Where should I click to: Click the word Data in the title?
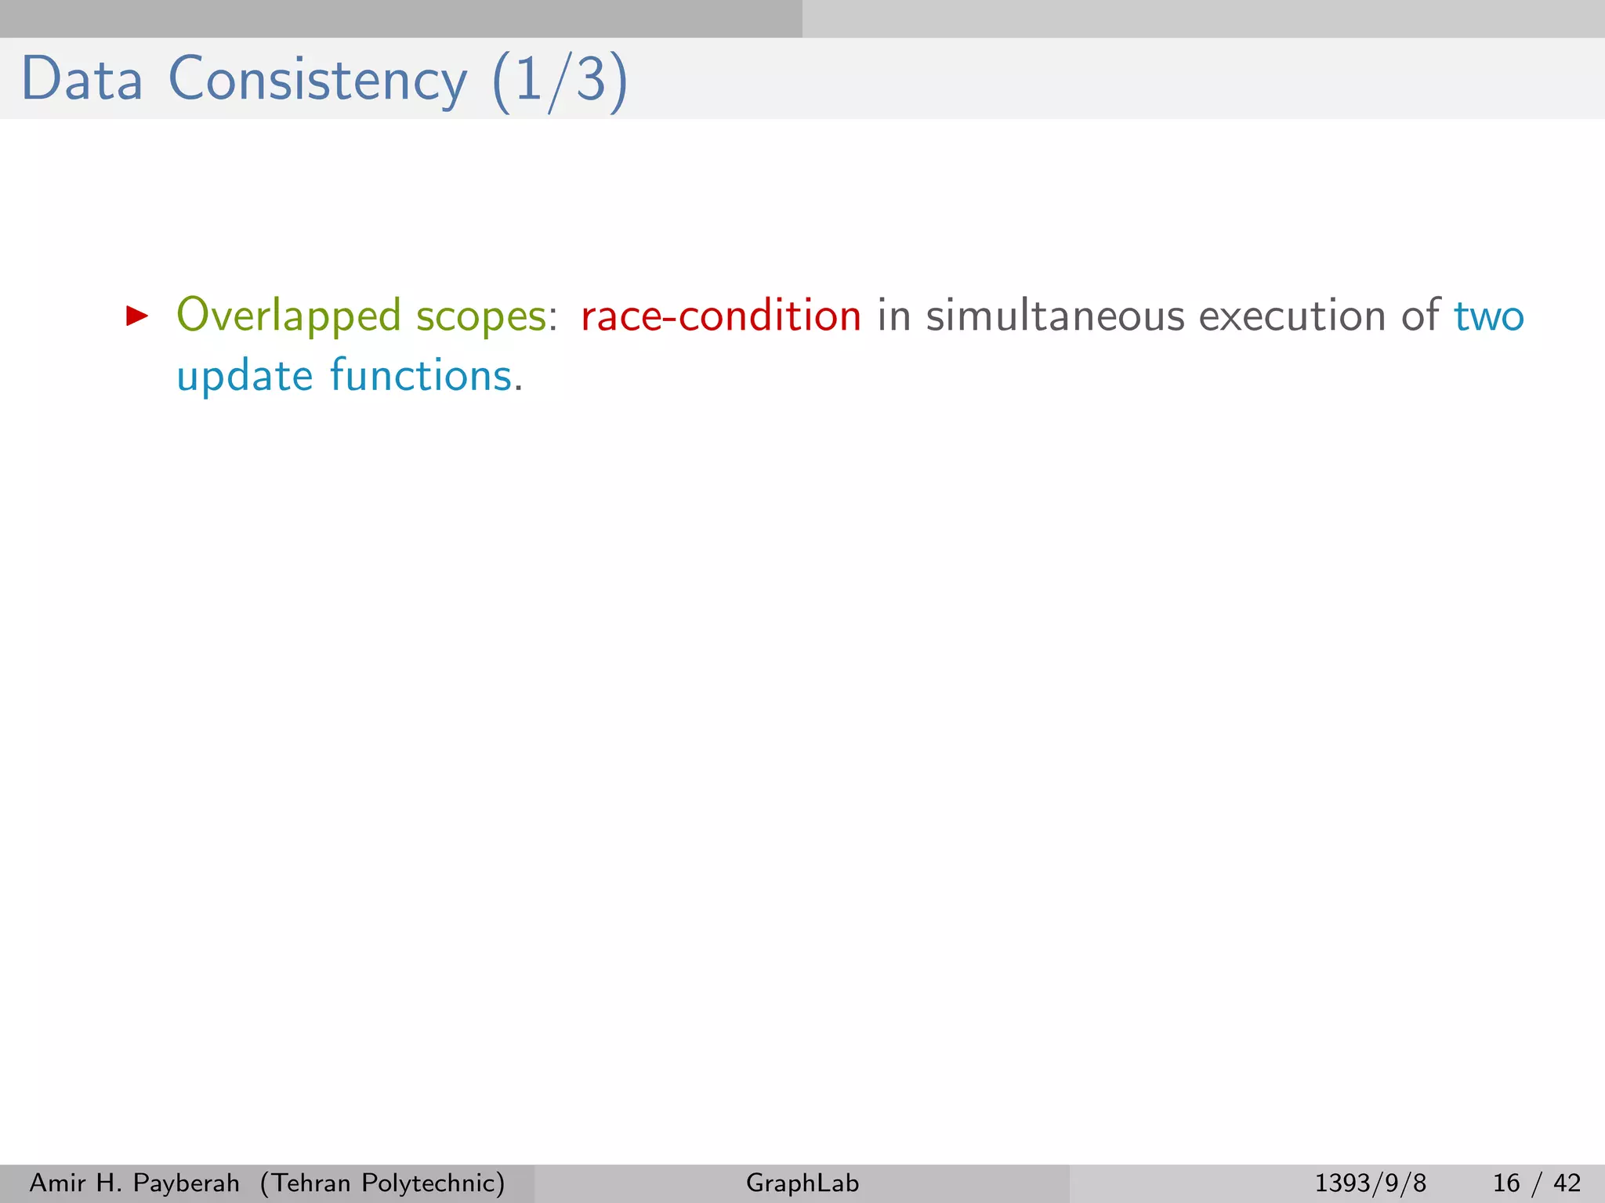(x=82, y=79)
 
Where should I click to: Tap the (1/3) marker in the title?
(x=560, y=81)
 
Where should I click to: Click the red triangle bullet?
(x=137, y=316)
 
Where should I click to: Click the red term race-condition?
(x=721, y=316)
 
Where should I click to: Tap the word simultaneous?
(x=1055, y=316)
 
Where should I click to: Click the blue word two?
(x=1489, y=316)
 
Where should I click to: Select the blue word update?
(x=245, y=377)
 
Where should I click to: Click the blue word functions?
(x=421, y=375)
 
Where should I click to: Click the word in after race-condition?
(x=893, y=316)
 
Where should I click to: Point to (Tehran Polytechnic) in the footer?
(x=382, y=1183)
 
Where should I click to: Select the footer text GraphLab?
(x=802, y=1183)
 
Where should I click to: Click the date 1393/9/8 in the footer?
(x=1370, y=1183)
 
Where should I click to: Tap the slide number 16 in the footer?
(x=1506, y=1183)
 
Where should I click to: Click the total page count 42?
(x=1567, y=1183)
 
